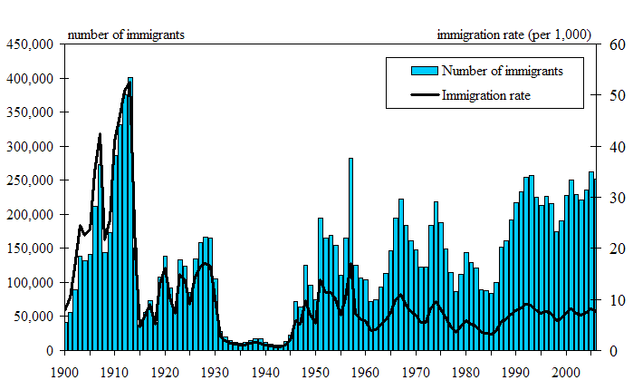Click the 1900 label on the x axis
[64, 371]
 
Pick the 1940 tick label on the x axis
[265, 371]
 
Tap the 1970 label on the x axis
[417, 371]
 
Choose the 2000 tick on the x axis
[567, 371]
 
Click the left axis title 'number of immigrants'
[126, 34]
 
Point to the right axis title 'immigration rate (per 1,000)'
[513, 34]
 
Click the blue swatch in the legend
[425, 71]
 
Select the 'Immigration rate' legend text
[486, 93]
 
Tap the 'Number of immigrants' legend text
[502, 71]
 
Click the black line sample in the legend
[425, 93]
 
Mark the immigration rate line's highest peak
[129, 83]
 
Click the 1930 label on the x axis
[216, 371]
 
